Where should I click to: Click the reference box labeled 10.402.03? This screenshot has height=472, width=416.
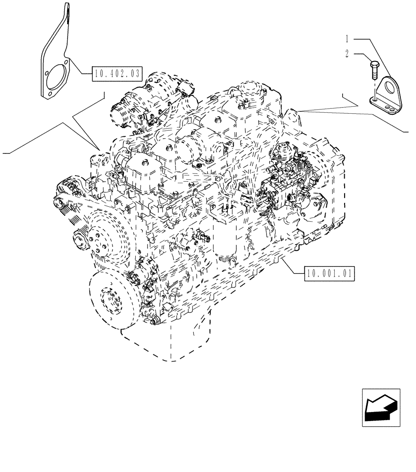[x=117, y=73]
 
